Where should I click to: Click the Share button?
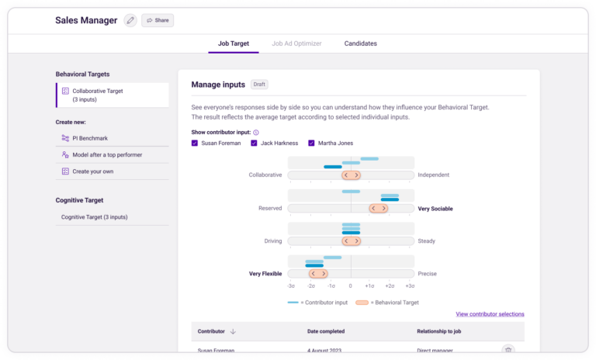158,20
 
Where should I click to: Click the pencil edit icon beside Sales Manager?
130,20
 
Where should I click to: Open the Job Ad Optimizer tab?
296,43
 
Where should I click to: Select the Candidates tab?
361,43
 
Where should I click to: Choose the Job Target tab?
234,43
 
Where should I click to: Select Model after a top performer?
106,154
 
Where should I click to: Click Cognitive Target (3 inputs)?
95,217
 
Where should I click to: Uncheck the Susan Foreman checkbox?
195,143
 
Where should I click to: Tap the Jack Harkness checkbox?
254,143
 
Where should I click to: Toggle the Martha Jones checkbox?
312,143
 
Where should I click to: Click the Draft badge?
259,85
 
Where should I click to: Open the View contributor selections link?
490,314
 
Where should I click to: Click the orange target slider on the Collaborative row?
352,175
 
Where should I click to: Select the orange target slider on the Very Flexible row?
317,274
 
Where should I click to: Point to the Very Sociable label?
435,209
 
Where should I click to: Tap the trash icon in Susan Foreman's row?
508,351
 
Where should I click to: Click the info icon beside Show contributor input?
256,133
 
